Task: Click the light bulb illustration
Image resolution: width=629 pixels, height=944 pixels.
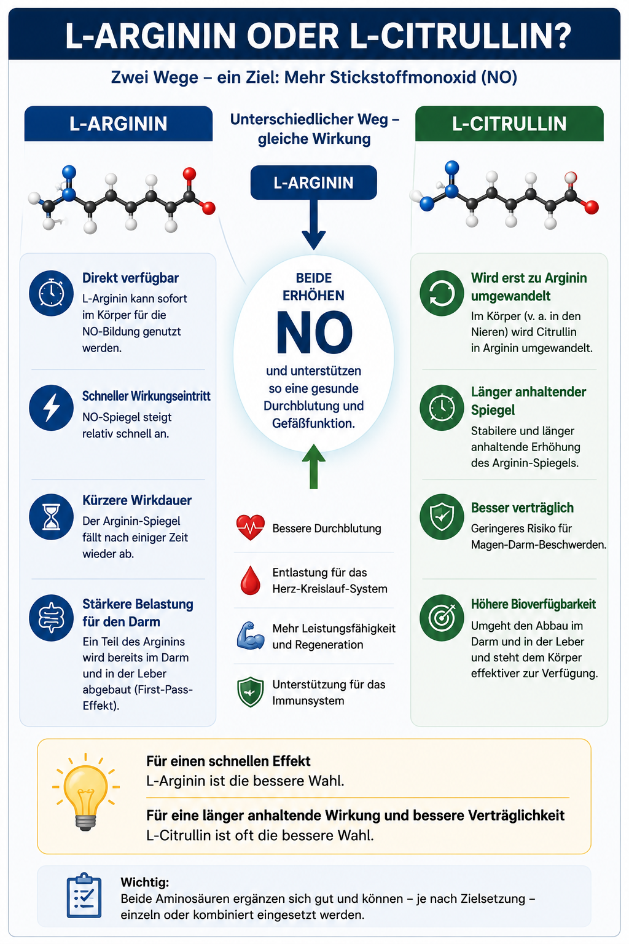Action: (x=85, y=791)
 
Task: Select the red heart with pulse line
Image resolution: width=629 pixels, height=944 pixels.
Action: (x=250, y=527)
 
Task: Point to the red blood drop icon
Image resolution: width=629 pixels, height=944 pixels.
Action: (x=250, y=580)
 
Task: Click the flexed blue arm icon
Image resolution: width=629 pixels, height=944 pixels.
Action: (x=250, y=635)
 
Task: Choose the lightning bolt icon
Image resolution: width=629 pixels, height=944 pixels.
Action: (x=52, y=407)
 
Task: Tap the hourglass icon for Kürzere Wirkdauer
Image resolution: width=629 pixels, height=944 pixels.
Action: (x=52, y=517)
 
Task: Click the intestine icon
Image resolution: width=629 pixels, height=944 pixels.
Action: (x=52, y=618)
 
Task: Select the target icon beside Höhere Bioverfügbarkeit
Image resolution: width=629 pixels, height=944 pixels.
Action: (x=442, y=618)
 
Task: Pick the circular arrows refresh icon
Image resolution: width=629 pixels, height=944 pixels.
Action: (x=442, y=293)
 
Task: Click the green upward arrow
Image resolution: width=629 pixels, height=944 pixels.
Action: (x=313, y=466)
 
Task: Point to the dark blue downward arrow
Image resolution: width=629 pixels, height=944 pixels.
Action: (x=313, y=224)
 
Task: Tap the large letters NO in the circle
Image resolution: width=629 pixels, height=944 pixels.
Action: (x=314, y=332)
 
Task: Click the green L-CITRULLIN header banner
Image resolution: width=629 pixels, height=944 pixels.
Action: (x=509, y=124)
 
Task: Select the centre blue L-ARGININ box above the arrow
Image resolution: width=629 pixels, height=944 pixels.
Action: (x=313, y=183)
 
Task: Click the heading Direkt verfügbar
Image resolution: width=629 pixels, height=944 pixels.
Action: (x=130, y=278)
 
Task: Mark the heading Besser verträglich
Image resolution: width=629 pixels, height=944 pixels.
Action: (x=522, y=508)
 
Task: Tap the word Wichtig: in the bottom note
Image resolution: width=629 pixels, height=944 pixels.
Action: (x=144, y=882)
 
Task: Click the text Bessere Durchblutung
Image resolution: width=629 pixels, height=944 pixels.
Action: (x=327, y=529)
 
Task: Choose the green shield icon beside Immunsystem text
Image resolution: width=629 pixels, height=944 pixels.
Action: (x=250, y=691)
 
